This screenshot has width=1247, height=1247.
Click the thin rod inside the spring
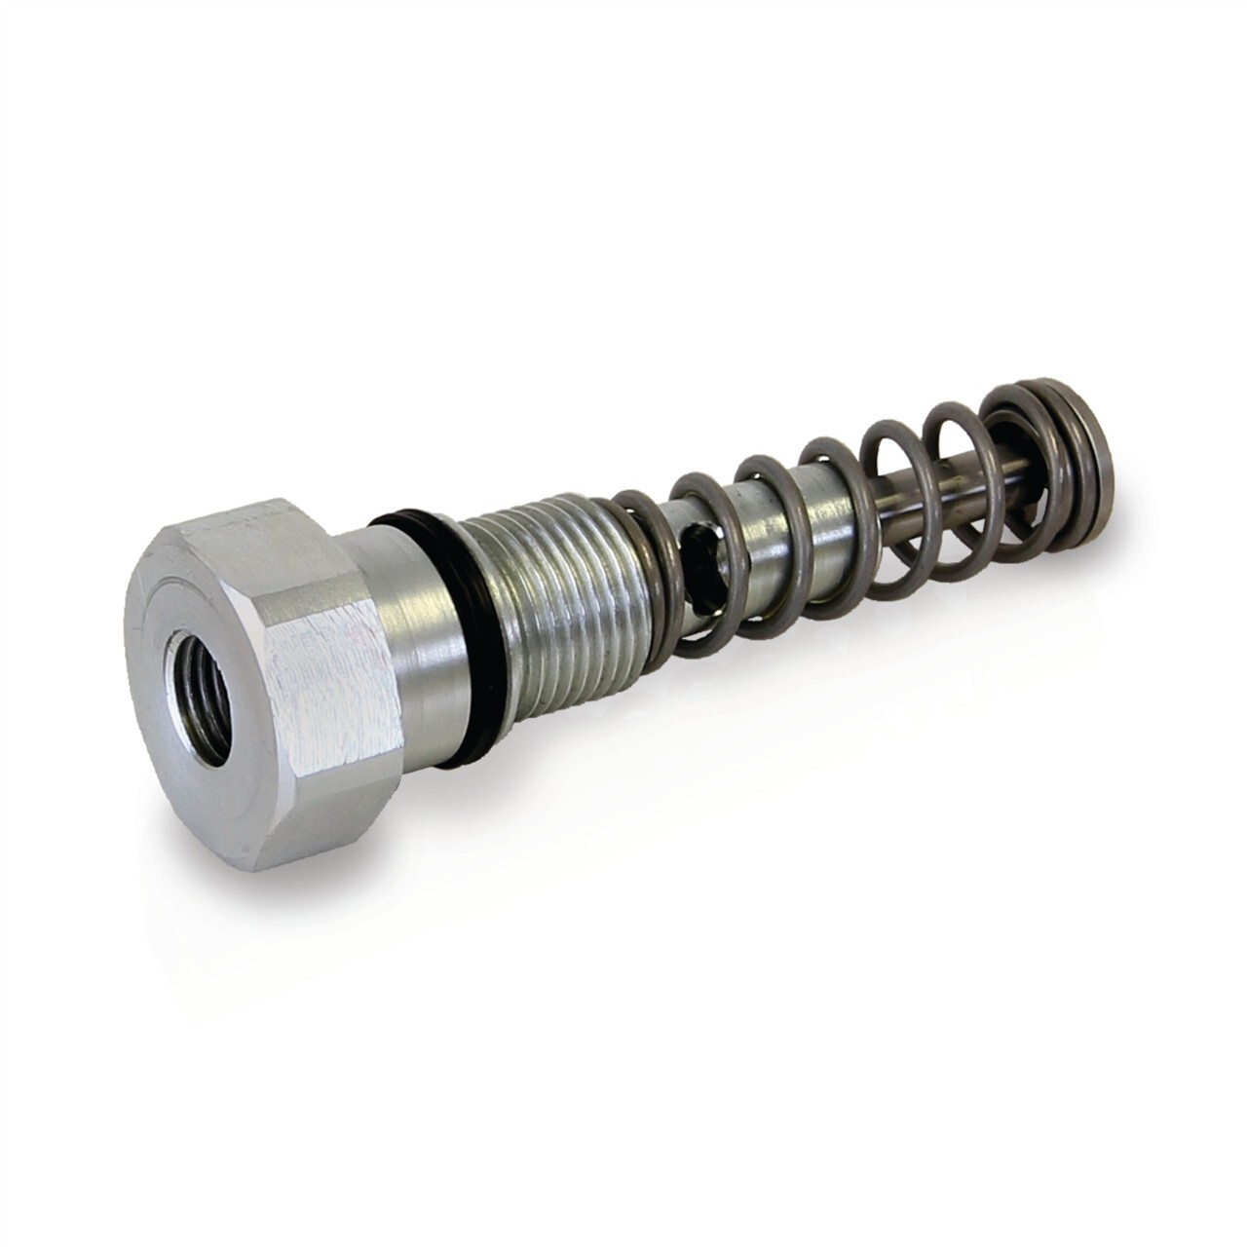pyautogui.click(x=935, y=487)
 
